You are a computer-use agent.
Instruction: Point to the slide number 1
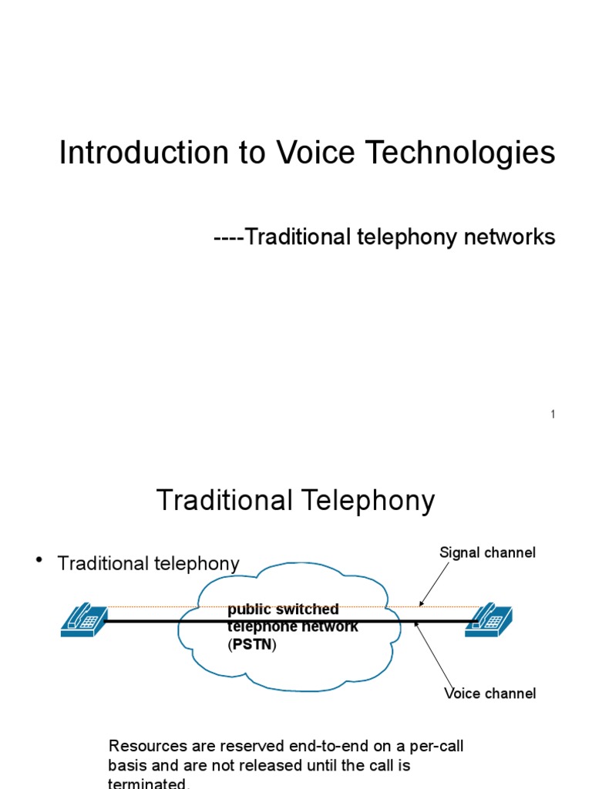point(553,415)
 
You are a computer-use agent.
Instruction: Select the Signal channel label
point(487,552)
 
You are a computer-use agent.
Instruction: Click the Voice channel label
point(490,693)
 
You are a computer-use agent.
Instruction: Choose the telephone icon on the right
point(489,619)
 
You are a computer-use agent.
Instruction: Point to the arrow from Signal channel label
point(435,583)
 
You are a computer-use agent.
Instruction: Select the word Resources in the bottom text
point(146,746)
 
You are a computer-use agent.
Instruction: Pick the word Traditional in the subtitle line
point(298,237)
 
